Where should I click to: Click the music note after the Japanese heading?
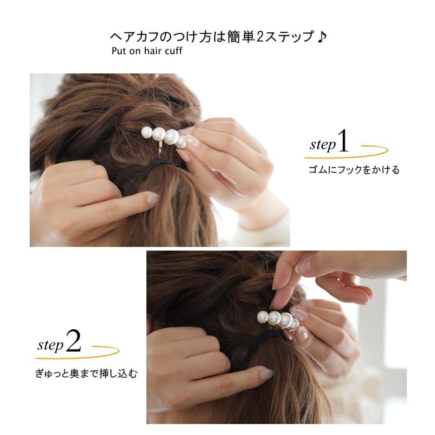(321, 38)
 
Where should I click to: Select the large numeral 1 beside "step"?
(343, 142)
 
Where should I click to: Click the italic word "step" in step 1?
(322, 145)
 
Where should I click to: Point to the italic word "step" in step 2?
(51, 345)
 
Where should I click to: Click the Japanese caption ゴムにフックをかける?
(354, 170)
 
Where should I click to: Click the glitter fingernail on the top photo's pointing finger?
(152, 198)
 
